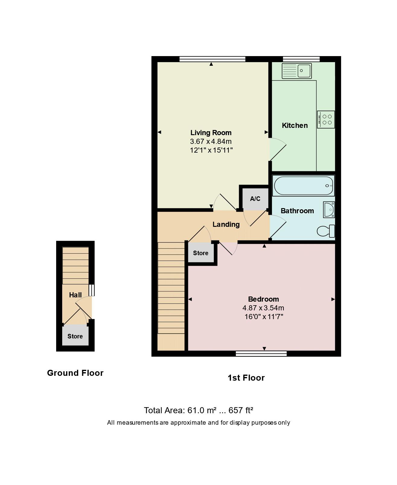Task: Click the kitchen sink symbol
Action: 296,71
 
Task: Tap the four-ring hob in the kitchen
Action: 326,119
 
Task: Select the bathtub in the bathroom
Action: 303,186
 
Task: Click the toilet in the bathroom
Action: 326,231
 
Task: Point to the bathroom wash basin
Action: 329,210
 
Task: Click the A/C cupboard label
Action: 255,199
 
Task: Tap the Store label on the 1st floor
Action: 201,253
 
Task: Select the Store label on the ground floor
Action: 75,336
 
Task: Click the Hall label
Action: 75,295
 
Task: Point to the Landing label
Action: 226,224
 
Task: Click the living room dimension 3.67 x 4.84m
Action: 211,141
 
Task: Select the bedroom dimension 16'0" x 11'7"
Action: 263,317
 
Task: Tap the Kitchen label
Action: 295,125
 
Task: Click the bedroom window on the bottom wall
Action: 261,353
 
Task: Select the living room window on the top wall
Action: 212,59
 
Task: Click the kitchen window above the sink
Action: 301,59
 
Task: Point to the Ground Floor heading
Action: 75,373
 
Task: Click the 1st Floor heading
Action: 246,378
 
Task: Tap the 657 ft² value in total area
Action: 241,411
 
